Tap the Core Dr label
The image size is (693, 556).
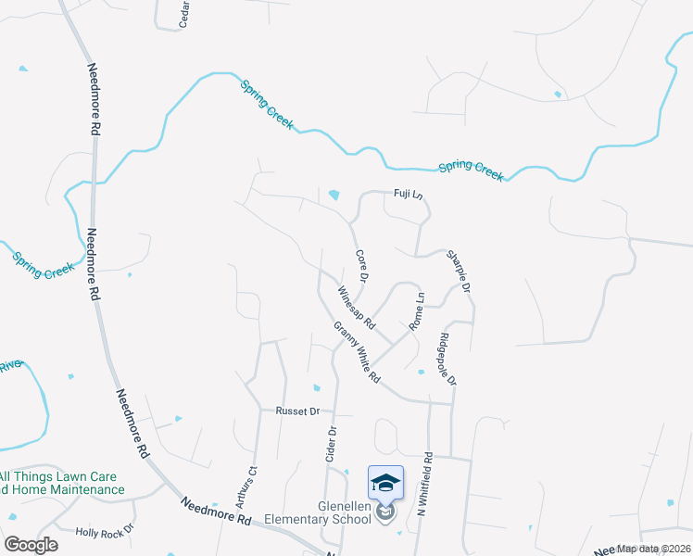362,266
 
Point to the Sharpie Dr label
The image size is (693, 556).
460,270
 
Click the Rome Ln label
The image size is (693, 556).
417,313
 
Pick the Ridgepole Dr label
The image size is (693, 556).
448,359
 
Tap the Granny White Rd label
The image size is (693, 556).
358,353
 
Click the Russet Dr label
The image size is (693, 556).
296,411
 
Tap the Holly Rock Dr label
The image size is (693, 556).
105,532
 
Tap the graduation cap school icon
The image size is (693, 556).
385,483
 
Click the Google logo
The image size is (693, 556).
31,544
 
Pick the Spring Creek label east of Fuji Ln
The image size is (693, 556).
471,170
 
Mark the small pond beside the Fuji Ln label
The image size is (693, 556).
334,195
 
